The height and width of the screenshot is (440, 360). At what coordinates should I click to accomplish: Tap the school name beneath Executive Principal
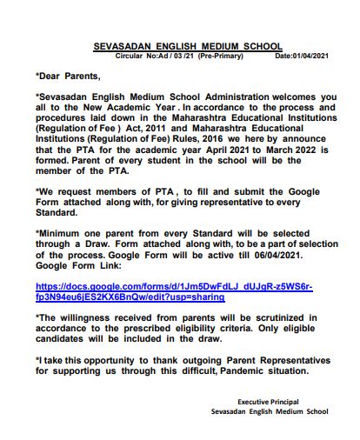click(x=263, y=412)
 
